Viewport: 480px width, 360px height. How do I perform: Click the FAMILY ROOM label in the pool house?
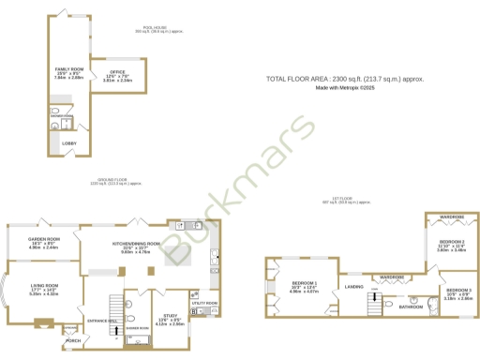(x=68, y=70)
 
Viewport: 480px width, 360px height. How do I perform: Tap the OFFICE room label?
(x=117, y=72)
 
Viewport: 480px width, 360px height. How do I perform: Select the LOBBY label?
(x=69, y=142)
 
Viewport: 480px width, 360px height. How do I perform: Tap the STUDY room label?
(x=170, y=316)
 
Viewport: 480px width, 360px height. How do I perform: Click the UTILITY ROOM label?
(x=203, y=304)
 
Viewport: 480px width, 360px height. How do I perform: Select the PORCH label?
(x=86, y=339)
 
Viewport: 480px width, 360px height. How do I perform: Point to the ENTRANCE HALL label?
(x=101, y=321)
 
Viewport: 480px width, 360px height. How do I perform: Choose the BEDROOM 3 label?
(x=458, y=290)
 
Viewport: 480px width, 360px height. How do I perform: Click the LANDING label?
(x=353, y=286)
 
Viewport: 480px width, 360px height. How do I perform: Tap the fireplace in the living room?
(x=43, y=325)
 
